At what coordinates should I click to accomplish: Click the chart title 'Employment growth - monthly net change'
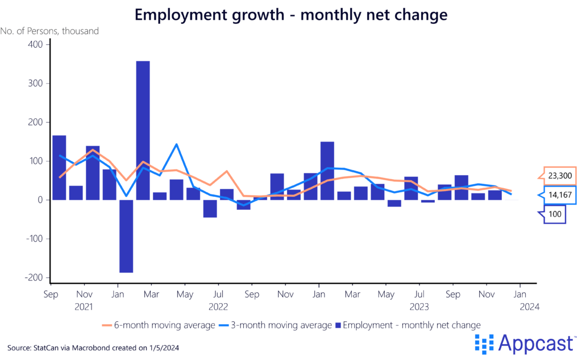tap(291, 15)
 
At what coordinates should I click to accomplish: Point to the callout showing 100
tap(555, 214)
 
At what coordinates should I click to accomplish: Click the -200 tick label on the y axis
tap(32, 278)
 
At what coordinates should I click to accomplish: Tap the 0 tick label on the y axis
tap(39, 200)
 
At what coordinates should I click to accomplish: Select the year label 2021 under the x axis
tap(84, 307)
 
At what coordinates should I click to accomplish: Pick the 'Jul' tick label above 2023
tap(419, 295)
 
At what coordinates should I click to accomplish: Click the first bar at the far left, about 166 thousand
tap(59, 167)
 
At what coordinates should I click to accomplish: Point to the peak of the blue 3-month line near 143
tap(177, 144)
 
